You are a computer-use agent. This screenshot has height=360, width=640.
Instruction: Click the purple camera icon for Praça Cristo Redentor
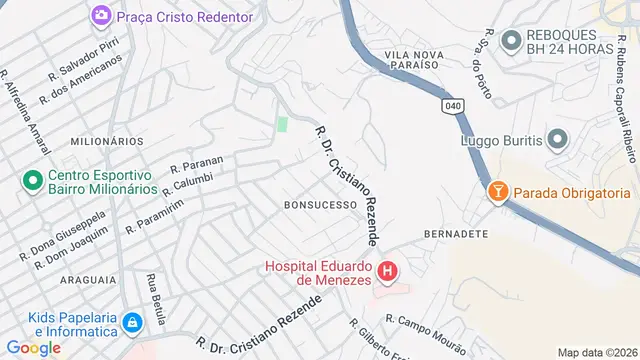(101, 15)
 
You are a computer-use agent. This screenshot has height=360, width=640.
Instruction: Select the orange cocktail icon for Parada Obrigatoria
(497, 191)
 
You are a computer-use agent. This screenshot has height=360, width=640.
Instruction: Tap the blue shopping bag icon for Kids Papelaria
(132, 321)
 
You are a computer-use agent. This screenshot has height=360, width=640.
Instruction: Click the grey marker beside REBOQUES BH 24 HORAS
(511, 40)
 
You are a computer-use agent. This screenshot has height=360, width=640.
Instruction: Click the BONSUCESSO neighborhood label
(321, 204)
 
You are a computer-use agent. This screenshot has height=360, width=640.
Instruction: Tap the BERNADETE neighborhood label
(456, 233)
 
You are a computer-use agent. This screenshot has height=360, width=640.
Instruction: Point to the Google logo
(34, 347)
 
